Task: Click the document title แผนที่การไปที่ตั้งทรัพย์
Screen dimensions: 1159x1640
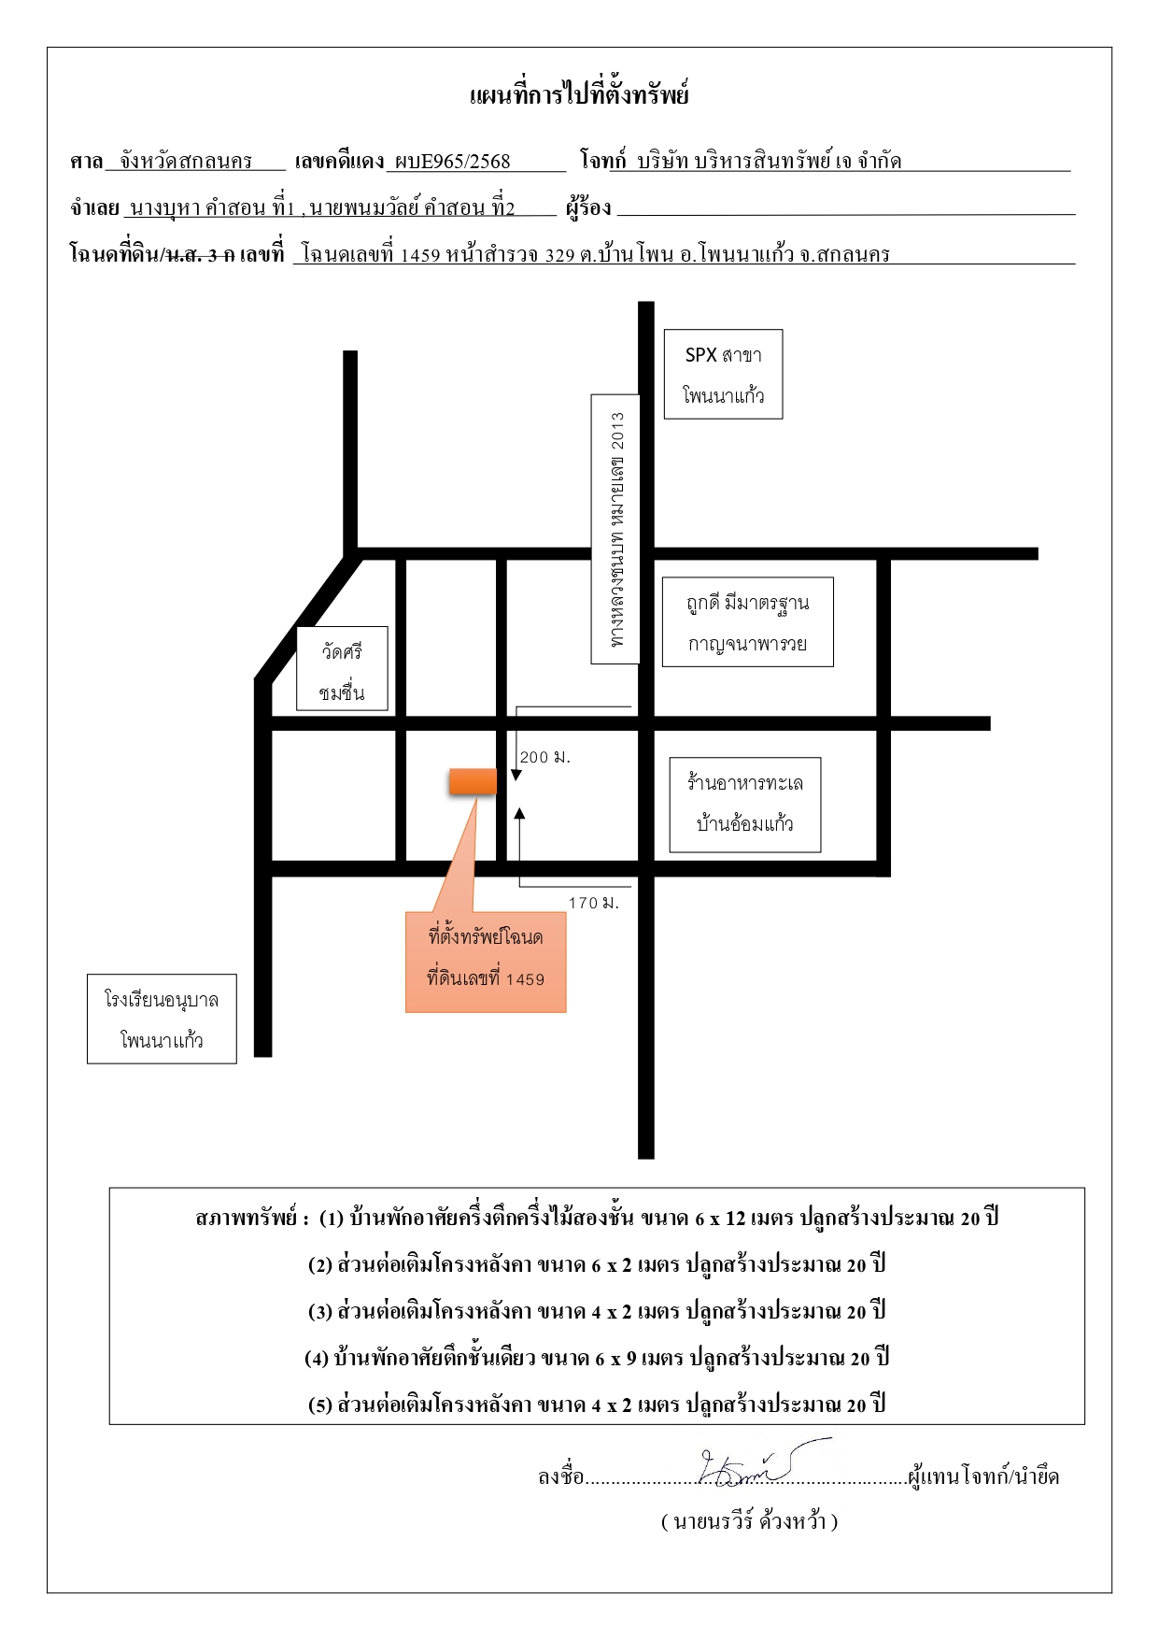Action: pyautogui.click(x=579, y=94)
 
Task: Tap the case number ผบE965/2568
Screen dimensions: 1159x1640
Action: pyautogui.click(x=453, y=161)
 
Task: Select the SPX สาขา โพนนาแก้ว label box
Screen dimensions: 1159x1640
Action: pyautogui.click(x=723, y=374)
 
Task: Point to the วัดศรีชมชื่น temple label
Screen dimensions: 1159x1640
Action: pyautogui.click(x=342, y=669)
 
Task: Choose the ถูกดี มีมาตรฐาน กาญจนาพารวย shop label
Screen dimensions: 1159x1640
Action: pyautogui.click(x=747, y=622)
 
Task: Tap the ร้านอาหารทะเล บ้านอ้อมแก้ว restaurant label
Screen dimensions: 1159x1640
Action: pyautogui.click(x=745, y=805)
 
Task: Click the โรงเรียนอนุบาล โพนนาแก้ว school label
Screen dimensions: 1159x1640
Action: pyautogui.click(x=162, y=1019)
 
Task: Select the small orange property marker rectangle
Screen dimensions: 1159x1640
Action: pyautogui.click(x=473, y=781)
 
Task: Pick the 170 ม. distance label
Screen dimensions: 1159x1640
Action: pyautogui.click(x=594, y=904)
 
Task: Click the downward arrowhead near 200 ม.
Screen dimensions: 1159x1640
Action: pyautogui.click(x=516, y=776)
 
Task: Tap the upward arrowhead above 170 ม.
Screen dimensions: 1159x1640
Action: pyautogui.click(x=519, y=814)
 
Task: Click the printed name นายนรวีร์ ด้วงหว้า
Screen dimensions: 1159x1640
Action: pyautogui.click(x=750, y=1522)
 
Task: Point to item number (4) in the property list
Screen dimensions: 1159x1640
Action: pyautogui.click(x=317, y=1359)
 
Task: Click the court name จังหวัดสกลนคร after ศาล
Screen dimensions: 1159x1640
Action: pyautogui.click(x=186, y=161)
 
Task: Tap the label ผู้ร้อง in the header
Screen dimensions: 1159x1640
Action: pyautogui.click(x=588, y=207)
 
